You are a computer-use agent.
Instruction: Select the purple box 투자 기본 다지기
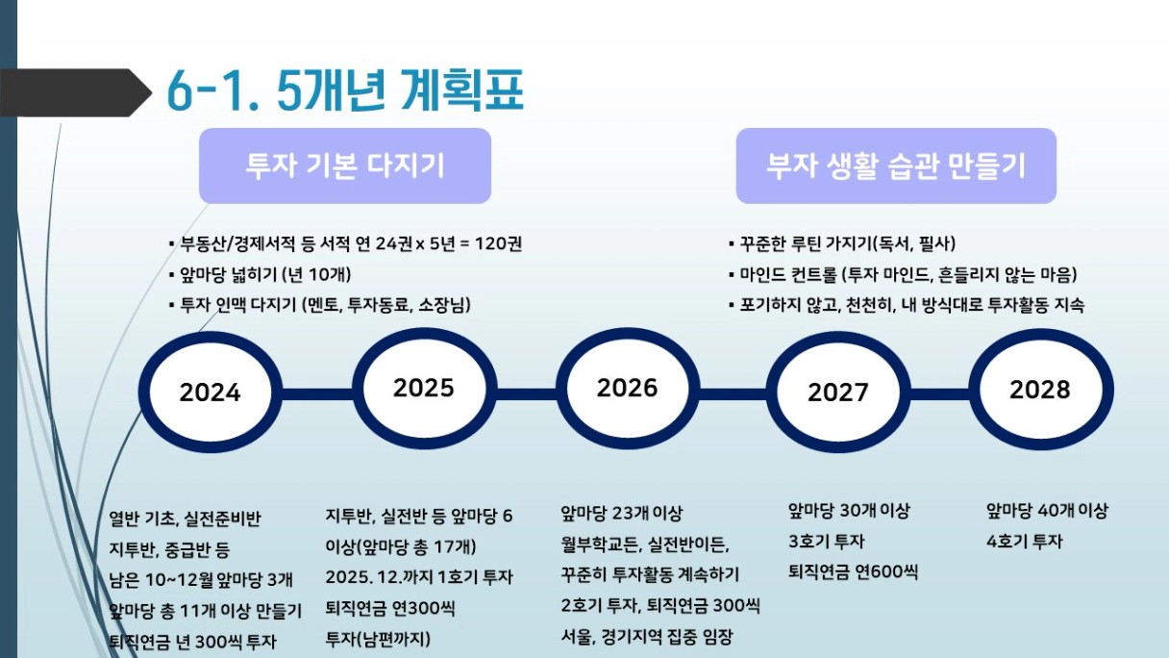click(345, 165)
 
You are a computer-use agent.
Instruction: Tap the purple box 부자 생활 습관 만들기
click(896, 165)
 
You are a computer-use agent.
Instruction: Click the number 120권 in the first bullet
click(498, 244)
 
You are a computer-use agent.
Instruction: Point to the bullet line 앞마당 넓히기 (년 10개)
click(260, 275)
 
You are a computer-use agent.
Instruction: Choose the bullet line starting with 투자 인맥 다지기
click(320, 304)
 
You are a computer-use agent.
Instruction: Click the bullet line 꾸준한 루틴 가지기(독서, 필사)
click(842, 244)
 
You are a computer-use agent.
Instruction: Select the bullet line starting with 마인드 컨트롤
click(903, 275)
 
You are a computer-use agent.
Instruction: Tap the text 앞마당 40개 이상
click(1047, 511)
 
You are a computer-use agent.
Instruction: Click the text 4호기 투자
click(1025, 542)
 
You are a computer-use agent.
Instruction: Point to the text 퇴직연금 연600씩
click(853, 571)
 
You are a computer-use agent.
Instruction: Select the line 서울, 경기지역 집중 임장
click(647, 637)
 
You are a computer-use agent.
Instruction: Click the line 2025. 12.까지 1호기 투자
click(419, 577)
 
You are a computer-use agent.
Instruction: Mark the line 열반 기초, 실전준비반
click(185, 519)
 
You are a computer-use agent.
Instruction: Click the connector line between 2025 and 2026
click(526, 393)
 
